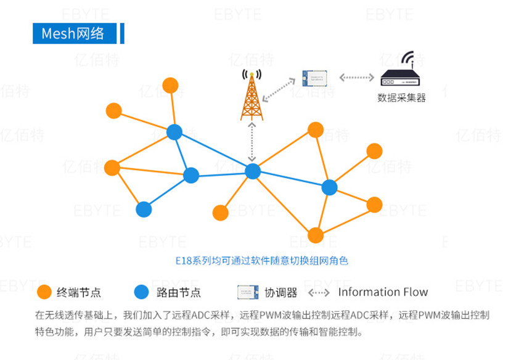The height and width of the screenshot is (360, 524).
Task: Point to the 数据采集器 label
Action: [x=401, y=97]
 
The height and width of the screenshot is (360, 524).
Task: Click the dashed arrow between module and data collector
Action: [x=356, y=78]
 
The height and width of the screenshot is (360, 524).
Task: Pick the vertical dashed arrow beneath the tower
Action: [x=252, y=142]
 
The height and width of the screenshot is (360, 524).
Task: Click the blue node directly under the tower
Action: [x=253, y=171]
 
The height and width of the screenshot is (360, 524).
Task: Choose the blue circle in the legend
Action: [x=142, y=292]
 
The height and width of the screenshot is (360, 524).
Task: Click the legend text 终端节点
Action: [x=79, y=292]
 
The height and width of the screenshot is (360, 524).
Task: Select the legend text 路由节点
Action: [x=179, y=292]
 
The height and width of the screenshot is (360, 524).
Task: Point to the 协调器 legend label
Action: [x=281, y=292]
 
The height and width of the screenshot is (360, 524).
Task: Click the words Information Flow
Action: [x=383, y=292]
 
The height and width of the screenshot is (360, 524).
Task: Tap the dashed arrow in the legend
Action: [x=319, y=292]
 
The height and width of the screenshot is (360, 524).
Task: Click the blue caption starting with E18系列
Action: [x=261, y=260]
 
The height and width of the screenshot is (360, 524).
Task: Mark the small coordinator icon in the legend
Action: [x=247, y=292]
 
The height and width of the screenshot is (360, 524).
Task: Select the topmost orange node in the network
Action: [x=170, y=86]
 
